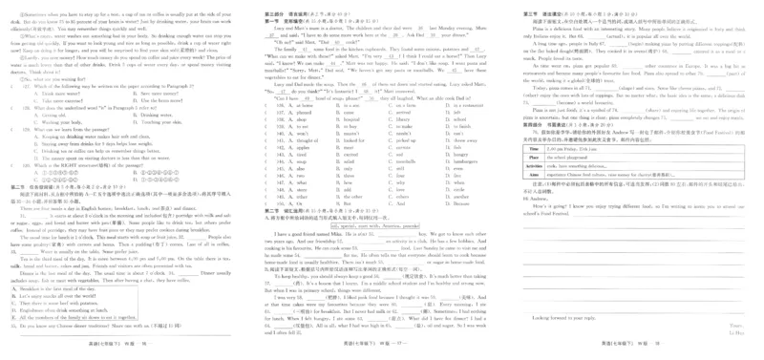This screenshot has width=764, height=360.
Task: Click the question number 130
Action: coord(39,164)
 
